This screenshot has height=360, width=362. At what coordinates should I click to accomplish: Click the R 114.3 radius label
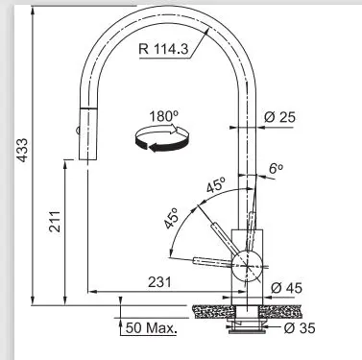(x=163, y=49)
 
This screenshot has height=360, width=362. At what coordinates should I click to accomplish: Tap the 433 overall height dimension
(x=22, y=150)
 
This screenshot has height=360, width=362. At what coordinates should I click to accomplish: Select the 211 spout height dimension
(x=55, y=221)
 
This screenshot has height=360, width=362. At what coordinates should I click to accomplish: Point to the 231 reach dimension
(x=159, y=282)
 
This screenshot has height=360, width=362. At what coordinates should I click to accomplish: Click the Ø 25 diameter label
(x=279, y=117)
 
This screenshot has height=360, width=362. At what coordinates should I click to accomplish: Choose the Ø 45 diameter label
(x=286, y=288)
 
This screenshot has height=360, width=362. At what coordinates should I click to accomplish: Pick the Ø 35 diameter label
(x=300, y=328)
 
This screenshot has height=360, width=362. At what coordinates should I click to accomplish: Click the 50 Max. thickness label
(x=151, y=328)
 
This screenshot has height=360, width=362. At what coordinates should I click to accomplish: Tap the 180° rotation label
(x=164, y=116)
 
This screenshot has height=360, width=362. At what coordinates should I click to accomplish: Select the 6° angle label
(x=276, y=168)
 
